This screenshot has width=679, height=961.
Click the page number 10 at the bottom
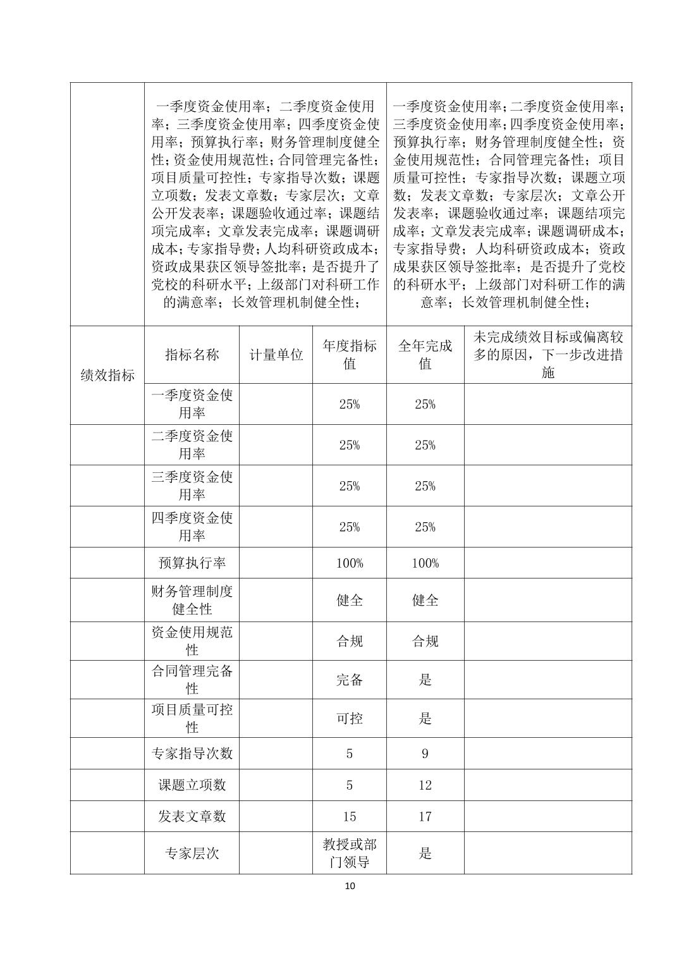[350, 886]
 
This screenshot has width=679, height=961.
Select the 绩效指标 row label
[107, 375]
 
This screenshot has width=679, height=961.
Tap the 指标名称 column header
[192, 355]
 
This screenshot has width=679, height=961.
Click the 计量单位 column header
[276, 355]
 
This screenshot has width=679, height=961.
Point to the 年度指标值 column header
[350, 355]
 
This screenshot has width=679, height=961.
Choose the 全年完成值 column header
[425, 355]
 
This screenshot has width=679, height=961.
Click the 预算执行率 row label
[192, 563]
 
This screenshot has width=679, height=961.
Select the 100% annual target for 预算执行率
[350, 563]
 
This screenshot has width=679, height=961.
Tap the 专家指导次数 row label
[192, 753]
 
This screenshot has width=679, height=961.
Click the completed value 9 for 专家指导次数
[425, 754]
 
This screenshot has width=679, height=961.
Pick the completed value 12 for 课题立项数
[425, 785]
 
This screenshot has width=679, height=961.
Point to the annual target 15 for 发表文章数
[350, 817]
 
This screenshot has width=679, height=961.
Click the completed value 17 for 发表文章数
[425, 817]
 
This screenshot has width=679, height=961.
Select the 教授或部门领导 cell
[350, 853]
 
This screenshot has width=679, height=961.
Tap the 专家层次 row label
[192, 853]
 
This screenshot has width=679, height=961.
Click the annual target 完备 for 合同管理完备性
[350, 680]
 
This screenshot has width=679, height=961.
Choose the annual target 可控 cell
[350, 718]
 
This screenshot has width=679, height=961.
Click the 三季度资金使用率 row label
[192, 486]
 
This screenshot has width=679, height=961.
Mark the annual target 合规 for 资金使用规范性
[350, 641]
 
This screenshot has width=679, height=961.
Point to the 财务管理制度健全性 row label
[192, 600]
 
